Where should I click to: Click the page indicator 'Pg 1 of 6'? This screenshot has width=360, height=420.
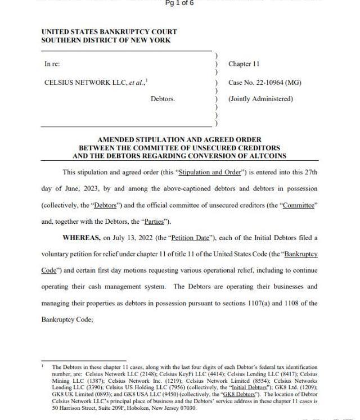coord(179,3)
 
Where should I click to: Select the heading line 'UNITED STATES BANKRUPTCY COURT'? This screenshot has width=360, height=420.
coord(109,32)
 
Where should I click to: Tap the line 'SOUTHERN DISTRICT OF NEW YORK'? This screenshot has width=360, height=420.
coord(106,40)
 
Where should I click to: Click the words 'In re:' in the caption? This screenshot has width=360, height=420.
coord(52,64)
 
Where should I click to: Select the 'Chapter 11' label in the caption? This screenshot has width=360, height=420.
coord(244,64)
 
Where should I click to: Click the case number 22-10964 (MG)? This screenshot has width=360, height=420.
coord(264,83)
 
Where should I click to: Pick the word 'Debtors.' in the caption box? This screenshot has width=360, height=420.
coord(163,99)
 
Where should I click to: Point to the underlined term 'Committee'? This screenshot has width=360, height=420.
coord(298,205)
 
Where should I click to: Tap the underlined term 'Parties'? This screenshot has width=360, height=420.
coord(154,222)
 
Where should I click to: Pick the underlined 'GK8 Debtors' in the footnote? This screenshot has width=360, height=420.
coord(241,394)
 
